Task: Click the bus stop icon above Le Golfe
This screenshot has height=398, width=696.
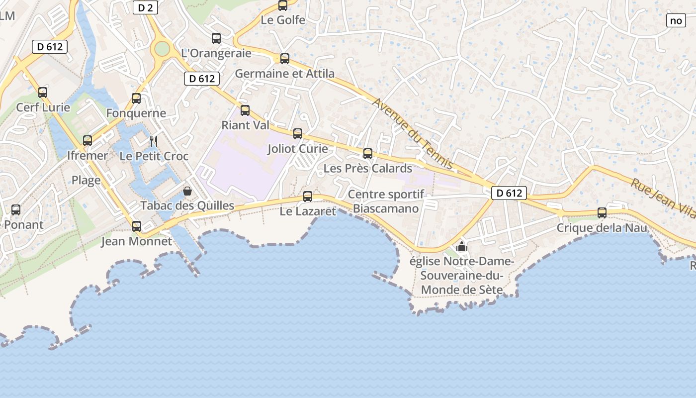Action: click(283, 5)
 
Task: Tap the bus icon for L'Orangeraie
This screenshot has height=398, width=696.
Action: click(216, 38)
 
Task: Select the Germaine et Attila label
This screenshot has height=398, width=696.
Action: click(284, 74)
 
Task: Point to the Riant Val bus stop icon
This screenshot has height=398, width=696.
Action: click(245, 110)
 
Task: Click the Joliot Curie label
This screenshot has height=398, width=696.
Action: click(297, 149)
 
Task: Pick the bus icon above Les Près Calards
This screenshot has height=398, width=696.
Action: click(368, 154)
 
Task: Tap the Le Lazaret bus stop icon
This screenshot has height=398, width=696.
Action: click(308, 197)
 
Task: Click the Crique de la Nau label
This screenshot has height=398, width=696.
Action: click(602, 228)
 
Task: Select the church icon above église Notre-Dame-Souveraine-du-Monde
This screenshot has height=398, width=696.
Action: click(462, 246)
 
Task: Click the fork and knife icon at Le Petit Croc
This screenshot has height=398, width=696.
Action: click(154, 141)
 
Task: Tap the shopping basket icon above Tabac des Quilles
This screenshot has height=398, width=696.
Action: click(187, 191)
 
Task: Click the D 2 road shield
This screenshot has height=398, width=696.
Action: click(145, 7)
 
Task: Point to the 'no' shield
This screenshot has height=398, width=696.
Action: click(676, 20)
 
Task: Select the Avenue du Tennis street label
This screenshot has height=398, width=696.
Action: click(413, 133)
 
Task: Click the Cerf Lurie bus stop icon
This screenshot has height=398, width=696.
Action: click(43, 93)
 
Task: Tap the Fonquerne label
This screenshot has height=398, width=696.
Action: click(136, 113)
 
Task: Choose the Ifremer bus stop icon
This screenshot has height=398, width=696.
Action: click(87, 141)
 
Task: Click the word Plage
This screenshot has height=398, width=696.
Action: click(86, 180)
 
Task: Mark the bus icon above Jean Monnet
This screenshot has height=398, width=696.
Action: click(137, 226)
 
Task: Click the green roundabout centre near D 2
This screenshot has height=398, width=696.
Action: click(162, 48)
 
